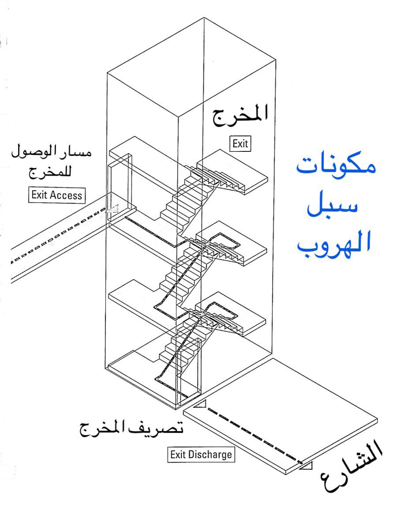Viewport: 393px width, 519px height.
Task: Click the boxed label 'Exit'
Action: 240,143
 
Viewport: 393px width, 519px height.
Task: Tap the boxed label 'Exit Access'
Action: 57,195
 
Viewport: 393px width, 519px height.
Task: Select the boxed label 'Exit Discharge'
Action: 201,454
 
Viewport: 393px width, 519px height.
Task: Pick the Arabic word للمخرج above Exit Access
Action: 52,172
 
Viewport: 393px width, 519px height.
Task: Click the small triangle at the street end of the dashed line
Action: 307,465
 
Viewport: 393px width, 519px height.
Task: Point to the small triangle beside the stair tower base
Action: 201,404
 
